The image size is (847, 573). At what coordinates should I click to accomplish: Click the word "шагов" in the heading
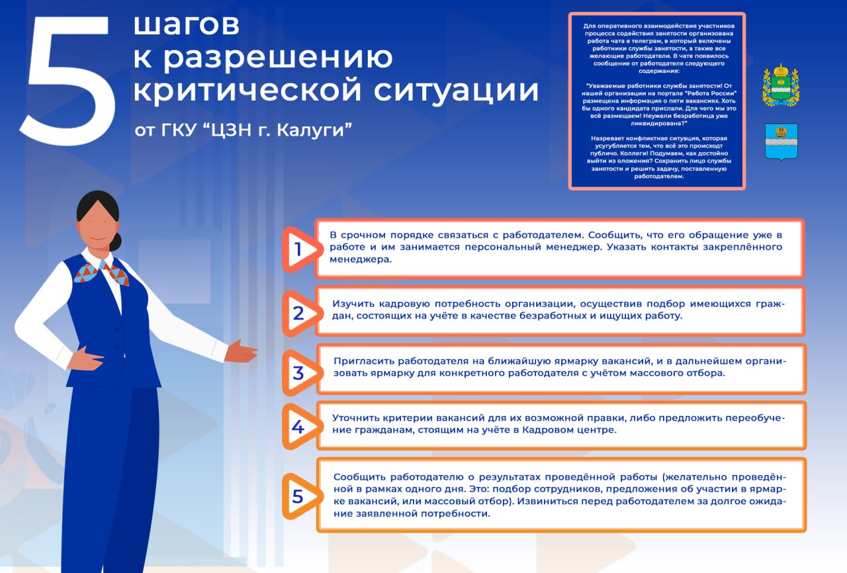tap(187, 26)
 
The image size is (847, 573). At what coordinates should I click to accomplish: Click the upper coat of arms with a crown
tap(781, 85)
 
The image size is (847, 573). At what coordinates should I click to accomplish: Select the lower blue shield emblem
tap(781, 140)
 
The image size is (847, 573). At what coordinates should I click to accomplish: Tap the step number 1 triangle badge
tap(298, 249)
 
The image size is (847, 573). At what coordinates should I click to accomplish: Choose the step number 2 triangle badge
tap(298, 313)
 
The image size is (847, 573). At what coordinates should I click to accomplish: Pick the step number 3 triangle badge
tap(298, 373)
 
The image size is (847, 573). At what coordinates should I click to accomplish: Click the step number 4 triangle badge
tap(298, 427)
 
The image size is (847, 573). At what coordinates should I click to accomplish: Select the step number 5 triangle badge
tap(298, 496)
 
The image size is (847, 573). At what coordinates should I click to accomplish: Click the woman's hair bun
tap(116, 242)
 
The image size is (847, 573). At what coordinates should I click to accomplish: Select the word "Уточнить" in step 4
tap(357, 418)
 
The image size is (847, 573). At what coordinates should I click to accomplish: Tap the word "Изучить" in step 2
tap(353, 304)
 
